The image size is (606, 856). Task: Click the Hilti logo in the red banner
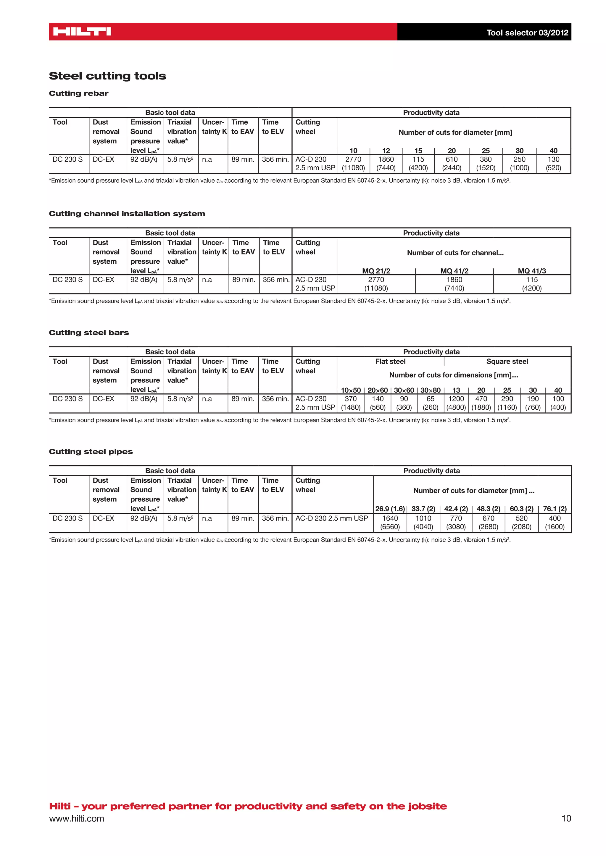[82, 32]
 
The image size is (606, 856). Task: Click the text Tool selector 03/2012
[527, 33]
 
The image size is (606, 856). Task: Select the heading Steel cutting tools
[107, 76]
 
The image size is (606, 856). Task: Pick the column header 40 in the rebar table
[553, 151]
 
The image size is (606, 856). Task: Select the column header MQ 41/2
[454, 271]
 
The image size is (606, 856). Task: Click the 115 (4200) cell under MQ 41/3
[532, 284]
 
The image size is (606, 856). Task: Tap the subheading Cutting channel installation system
[127, 214]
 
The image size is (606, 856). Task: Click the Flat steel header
[390, 361]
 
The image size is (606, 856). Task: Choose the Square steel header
[507, 361]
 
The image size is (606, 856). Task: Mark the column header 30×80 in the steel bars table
[430, 390]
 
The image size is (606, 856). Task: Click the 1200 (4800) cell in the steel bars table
[456, 403]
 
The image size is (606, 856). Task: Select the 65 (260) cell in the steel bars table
[430, 403]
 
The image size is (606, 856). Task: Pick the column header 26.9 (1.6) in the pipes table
[390, 509]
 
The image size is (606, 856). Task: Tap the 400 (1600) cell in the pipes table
[555, 522]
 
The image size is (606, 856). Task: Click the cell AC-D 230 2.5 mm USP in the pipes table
[332, 518]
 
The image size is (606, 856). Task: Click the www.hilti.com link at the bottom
[77, 819]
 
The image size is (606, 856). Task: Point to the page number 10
[566, 819]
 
